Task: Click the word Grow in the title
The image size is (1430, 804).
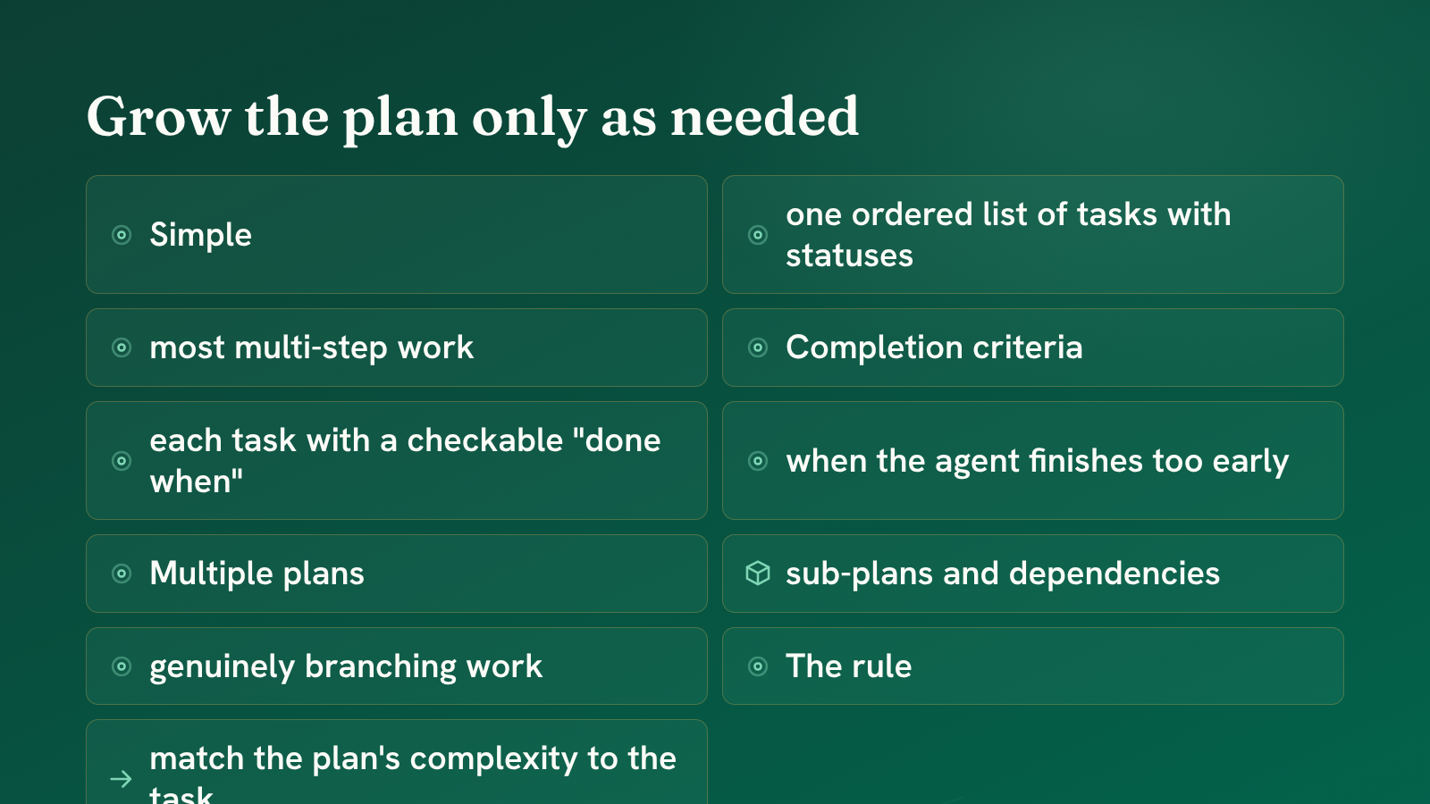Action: tap(158, 117)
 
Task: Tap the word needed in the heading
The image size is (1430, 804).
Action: tap(764, 117)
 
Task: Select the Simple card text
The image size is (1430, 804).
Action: tap(200, 235)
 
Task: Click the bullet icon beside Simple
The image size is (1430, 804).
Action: tap(122, 235)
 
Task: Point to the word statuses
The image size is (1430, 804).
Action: tap(849, 255)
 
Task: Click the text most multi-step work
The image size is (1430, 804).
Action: tap(312, 348)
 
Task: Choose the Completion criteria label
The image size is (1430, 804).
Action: tap(934, 348)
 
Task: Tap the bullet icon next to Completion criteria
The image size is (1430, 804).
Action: tap(758, 348)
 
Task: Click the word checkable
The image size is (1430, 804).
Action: tap(484, 440)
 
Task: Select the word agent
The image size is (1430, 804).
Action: tap(977, 461)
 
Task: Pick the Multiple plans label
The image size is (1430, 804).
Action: tap(257, 574)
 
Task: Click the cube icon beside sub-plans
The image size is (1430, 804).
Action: tap(758, 573)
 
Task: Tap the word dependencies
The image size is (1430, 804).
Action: tap(1114, 574)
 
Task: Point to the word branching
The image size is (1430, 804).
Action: tap(381, 666)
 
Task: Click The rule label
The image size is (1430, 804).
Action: tap(848, 666)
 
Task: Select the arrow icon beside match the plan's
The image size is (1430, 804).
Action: tap(121, 779)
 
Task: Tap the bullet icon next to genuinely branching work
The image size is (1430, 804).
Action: tap(122, 666)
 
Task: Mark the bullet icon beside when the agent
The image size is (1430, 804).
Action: tap(758, 461)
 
